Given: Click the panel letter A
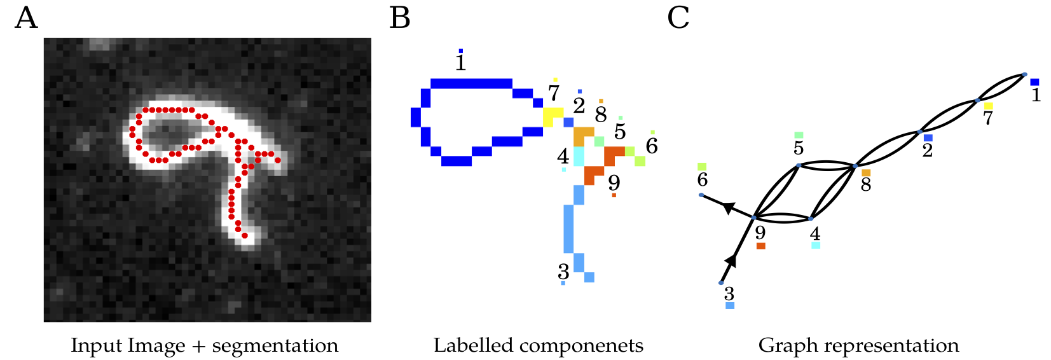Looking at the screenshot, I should point(26,18).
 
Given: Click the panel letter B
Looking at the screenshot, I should point(400,18).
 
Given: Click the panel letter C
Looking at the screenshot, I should point(678,18).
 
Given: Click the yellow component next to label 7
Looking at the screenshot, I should point(551,117).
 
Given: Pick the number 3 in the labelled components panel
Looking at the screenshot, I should point(563,272).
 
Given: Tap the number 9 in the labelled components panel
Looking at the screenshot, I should point(614,183).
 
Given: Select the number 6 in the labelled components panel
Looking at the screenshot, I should point(652,146).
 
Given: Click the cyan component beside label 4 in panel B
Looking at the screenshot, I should point(579,156).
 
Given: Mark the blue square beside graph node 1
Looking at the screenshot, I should point(1034,82).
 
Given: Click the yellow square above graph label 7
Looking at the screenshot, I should point(988,106).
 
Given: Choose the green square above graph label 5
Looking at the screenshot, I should point(799,135).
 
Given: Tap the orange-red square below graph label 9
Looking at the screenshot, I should point(760,246).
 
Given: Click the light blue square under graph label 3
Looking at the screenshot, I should point(730,306).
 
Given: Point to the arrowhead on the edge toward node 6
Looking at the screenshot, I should point(729,207).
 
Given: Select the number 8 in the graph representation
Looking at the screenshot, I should point(866,185).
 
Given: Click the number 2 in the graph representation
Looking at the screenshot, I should point(928,151).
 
